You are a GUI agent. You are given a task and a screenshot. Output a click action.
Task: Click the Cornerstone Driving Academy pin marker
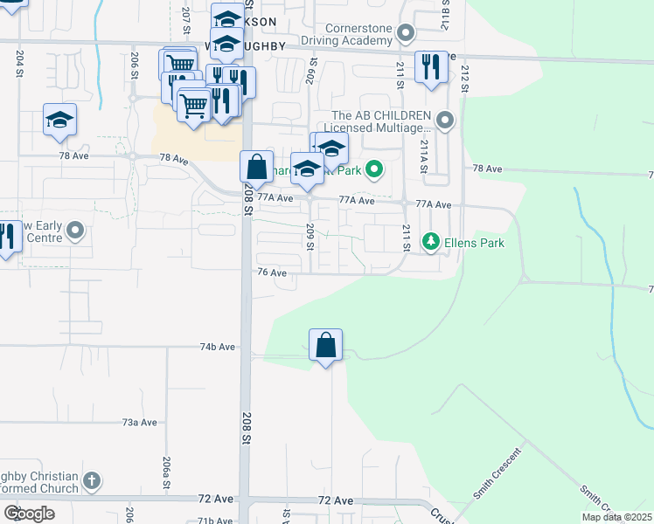(x=405, y=34)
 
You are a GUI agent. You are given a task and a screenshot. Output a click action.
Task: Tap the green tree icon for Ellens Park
(x=430, y=241)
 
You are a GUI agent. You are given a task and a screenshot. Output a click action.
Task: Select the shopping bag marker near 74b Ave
(x=325, y=346)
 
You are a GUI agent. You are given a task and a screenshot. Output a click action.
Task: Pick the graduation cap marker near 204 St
(x=59, y=121)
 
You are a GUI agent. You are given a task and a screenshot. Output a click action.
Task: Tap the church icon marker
(x=92, y=480)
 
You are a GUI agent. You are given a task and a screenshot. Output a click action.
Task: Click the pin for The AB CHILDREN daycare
(x=446, y=121)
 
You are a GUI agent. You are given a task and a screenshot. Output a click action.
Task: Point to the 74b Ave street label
(x=218, y=347)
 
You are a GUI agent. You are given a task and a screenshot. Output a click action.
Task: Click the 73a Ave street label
(x=139, y=422)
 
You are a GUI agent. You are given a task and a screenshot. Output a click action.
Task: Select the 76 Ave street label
(x=272, y=272)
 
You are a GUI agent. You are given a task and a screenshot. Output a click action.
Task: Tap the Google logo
(x=28, y=513)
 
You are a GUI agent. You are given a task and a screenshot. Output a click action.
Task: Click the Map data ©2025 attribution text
(x=616, y=517)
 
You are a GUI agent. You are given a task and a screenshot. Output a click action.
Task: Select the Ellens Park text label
(x=473, y=242)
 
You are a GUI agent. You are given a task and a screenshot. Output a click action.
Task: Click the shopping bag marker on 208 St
(x=256, y=167)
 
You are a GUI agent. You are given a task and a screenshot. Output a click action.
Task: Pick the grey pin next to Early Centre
(x=76, y=231)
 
